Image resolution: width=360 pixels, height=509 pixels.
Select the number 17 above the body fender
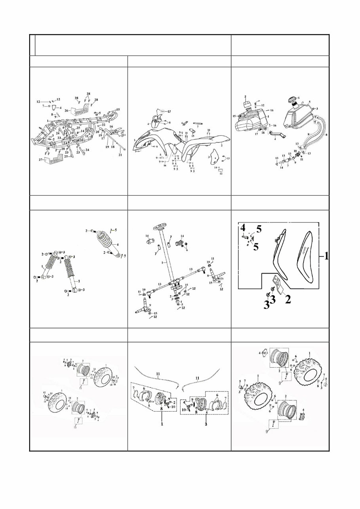click(168, 111)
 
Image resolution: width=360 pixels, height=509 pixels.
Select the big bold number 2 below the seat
click(288, 300)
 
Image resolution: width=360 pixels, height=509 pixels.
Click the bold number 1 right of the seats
click(325, 256)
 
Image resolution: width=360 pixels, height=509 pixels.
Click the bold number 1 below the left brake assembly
click(162, 424)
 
